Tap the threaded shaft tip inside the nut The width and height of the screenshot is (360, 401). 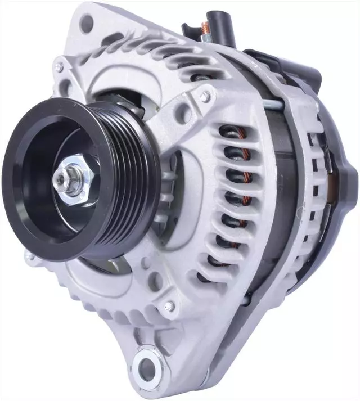pyautogui.click(x=61, y=180)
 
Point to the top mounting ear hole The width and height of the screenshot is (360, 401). pyautogui.click(x=87, y=24)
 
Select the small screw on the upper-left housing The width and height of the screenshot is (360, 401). pyautogui.click(x=58, y=68)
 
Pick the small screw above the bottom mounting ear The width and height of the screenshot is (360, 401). pyautogui.click(x=168, y=307)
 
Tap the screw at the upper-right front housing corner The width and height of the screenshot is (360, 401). pyautogui.click(x=205, y=97)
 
